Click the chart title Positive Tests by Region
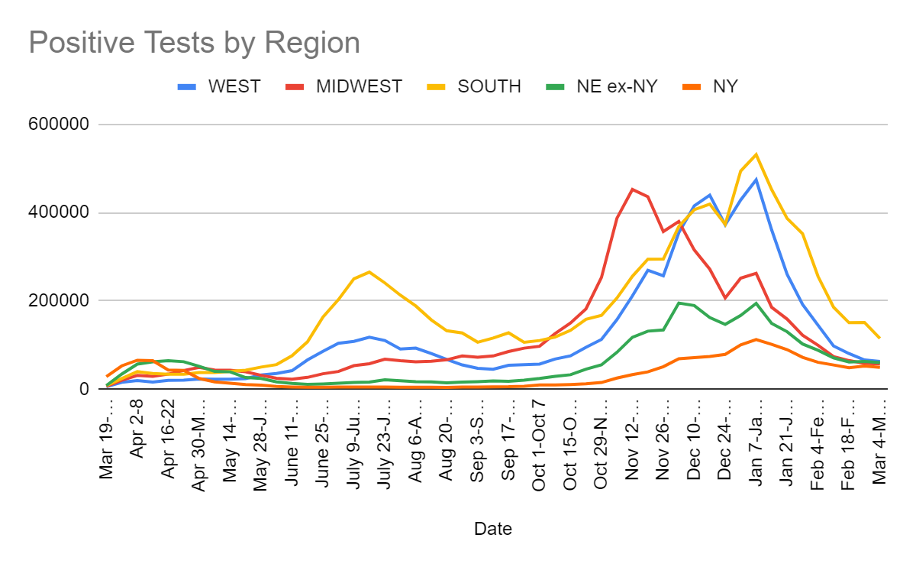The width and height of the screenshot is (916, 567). pyautogui.click(x=194, y=43)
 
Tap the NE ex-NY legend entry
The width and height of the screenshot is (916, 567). pyautogui.click(x=617, y=86)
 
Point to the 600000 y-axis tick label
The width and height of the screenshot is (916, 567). pyautogui.click(x=63, y=125)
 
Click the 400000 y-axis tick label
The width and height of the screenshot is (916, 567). pyautogui.click(x=63, y=213)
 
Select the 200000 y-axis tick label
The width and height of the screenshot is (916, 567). pyautogui.click(x=63, y=301)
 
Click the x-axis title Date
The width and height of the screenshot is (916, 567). pyautogui.click(x=492, y=528)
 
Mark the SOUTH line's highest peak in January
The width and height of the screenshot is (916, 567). pyautogui.click(x=756, y=154)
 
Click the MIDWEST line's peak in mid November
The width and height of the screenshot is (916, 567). pyautogui.click(x=632, y=189)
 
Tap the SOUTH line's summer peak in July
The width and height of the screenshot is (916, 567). pyautogui.click(x=369, y=272)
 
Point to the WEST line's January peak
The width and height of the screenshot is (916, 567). pyautogui.click(x=756, y=180)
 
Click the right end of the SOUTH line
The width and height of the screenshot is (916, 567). pyautogui.click(x=879, y=338)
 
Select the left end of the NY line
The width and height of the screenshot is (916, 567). pyautogui.click(x=107, y=376)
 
